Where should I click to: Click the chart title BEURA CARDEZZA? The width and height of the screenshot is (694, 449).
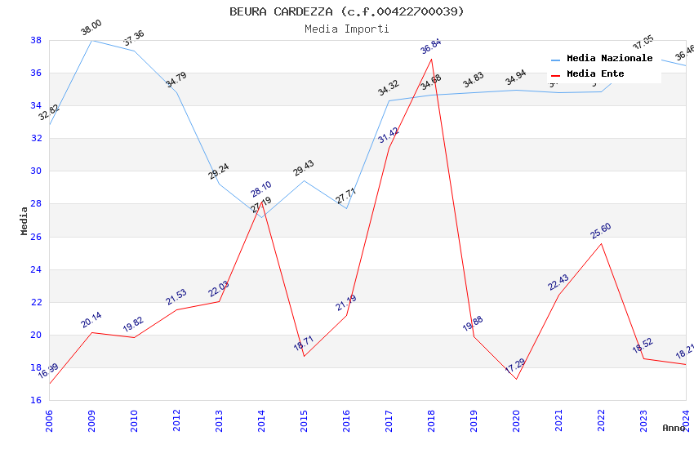tap(346, 11)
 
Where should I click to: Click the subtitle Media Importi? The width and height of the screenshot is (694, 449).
tap(346, 29)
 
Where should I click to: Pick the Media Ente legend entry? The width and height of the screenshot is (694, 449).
tap(595, 74)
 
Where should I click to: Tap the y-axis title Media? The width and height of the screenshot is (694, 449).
tap(24, 220)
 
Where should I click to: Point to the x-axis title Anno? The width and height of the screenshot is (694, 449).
tap(674, 428)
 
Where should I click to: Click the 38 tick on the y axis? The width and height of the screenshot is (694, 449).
tap(36, 40)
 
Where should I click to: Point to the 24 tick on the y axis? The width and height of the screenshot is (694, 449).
tap(36, 269)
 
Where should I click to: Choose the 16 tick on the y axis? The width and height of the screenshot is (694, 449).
tap(36, 400)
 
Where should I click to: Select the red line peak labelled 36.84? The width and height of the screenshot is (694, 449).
tap(431, 59)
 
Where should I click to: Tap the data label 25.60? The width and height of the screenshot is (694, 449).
tap(601, 231)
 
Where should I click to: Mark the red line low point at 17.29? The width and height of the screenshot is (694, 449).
tap(516, 379)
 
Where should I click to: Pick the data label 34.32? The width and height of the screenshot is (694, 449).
tap(388, 88)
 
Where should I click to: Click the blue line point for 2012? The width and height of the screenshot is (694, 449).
tap(176, 92)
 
